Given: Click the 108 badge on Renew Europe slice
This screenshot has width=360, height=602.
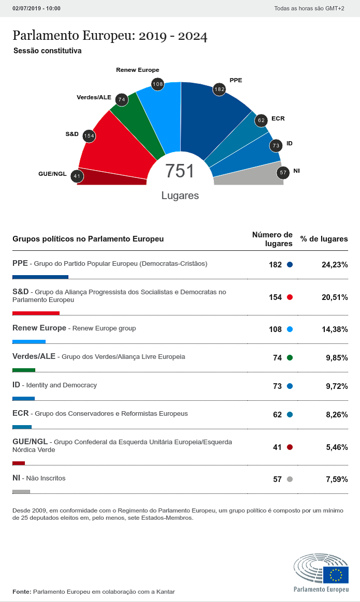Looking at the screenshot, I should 158,84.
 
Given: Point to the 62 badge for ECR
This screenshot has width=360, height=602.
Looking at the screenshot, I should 261,121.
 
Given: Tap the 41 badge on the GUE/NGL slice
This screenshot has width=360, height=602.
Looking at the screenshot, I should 77,176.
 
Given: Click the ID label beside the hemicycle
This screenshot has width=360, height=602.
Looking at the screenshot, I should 290,143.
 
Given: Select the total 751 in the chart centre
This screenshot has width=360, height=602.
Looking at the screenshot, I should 179,171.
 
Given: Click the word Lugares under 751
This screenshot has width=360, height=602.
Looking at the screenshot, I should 180,196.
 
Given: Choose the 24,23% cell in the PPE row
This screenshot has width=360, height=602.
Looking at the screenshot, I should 335,265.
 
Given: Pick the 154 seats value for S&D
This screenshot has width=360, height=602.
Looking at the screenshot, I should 275,297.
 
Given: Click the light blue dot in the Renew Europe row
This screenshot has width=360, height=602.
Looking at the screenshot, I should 290,329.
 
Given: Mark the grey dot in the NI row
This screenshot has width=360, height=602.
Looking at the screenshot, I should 290,479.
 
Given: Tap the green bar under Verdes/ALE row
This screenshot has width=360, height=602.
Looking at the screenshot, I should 24,370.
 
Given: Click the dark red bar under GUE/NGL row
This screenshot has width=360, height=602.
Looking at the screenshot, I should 19,463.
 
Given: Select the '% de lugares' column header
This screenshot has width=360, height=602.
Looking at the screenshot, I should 324,239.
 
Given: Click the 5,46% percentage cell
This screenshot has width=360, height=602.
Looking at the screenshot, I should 337,447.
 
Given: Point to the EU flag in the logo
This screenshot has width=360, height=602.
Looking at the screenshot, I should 336,574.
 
